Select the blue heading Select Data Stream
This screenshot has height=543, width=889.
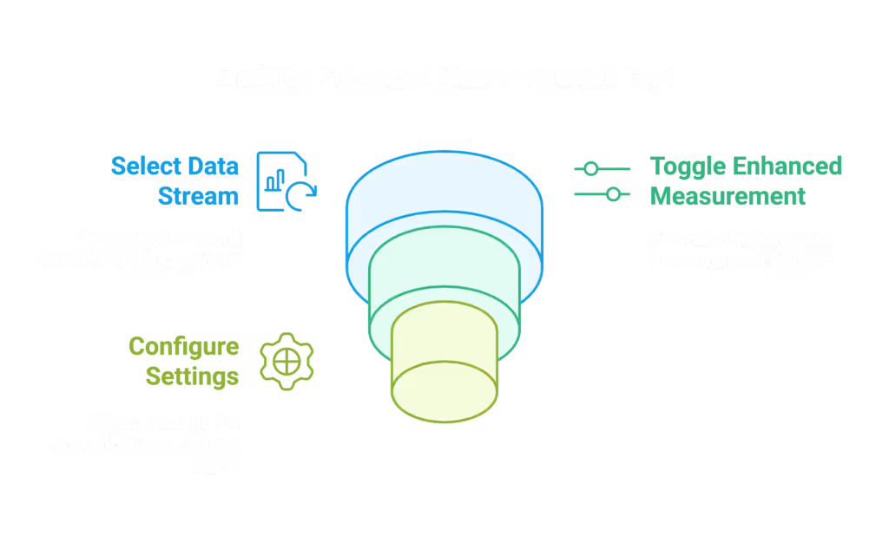175,180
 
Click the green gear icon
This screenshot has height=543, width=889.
287,361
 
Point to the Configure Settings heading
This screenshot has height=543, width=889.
183,362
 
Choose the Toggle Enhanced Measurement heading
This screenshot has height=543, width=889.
746,180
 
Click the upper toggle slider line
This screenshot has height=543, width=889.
602,167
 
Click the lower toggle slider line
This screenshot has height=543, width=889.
602,194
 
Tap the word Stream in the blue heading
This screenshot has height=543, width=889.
198,196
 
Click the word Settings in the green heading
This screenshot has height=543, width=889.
192,377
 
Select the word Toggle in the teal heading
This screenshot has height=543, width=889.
688,166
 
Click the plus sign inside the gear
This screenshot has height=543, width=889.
287,361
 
